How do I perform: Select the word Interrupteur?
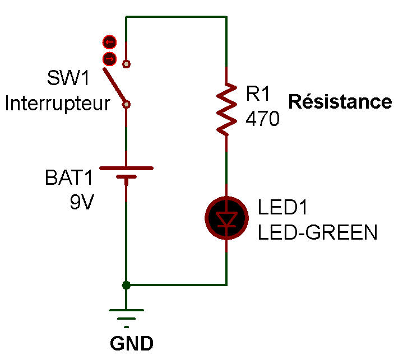coord(57,104)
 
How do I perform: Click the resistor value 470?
coord(262,119)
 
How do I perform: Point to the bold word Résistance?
coord(340,102)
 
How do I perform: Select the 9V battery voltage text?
coord(81,202)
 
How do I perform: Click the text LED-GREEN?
coord(317,231)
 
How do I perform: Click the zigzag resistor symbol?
coord(226,109)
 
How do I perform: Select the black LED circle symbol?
coord(226,218)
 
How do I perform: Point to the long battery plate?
coord(126,168)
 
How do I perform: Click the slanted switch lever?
coord(115,86)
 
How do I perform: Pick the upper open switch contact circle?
coord(127,64)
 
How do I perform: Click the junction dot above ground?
coord(126,285)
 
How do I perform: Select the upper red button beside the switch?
coord(109,41)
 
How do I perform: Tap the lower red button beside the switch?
coord(109,58)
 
